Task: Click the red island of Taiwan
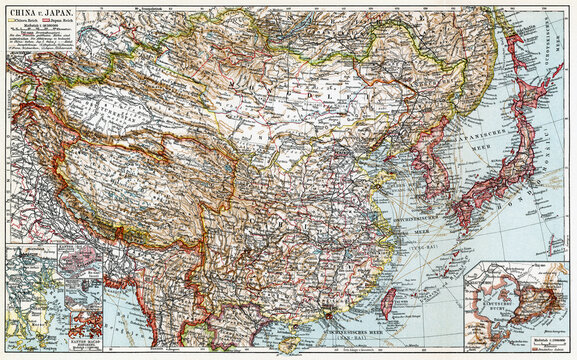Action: pyautogui.click(x=389, y=301)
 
